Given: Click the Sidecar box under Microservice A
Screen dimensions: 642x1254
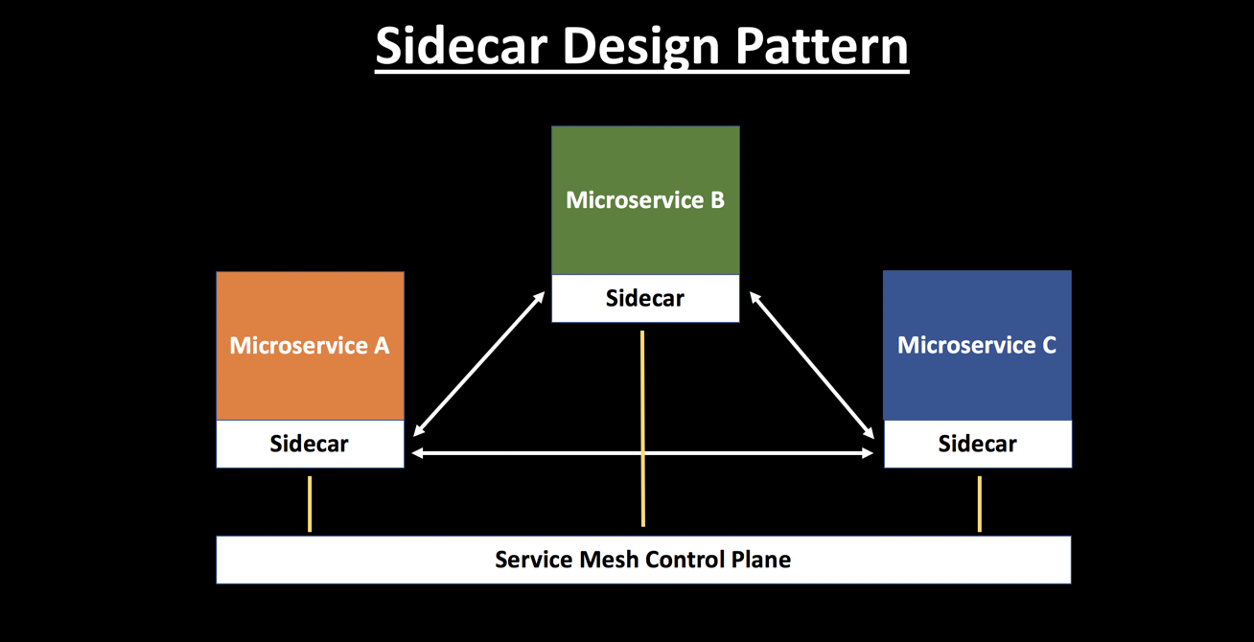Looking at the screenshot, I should [310, 444].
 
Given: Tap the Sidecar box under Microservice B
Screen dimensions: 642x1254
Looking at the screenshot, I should [645, 298].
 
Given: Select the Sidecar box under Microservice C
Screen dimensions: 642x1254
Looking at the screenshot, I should [977, 444].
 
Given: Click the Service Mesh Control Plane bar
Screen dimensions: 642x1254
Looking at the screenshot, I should [642, 560].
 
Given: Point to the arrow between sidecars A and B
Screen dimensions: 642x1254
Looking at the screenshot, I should [479, 364].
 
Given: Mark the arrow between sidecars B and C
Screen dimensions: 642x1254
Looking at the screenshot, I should [811, 365].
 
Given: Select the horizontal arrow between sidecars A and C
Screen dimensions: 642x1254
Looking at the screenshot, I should [642, 453].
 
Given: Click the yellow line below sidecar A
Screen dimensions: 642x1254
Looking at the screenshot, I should [310, 504].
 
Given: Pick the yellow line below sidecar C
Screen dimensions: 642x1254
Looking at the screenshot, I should [979, 504].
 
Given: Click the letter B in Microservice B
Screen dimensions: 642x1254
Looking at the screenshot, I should [716, 200].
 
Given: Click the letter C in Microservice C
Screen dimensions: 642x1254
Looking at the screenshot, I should [1048, 345].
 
